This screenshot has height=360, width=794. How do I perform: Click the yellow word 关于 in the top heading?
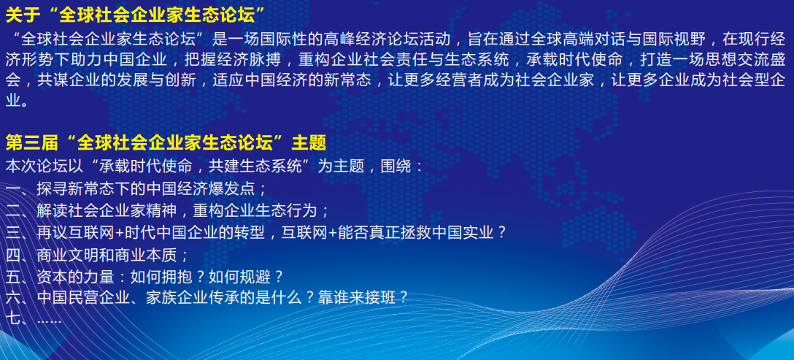(23, 16)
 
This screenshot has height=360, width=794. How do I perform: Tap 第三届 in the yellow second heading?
(31, 144)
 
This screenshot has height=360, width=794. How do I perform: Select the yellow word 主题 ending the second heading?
(309, 144)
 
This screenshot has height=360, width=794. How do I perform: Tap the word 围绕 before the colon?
(396, 166)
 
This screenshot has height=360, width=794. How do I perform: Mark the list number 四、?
(18, 255)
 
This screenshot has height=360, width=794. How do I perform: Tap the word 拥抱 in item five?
(177, 277)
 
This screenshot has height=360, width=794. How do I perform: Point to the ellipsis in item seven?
(49, 321)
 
